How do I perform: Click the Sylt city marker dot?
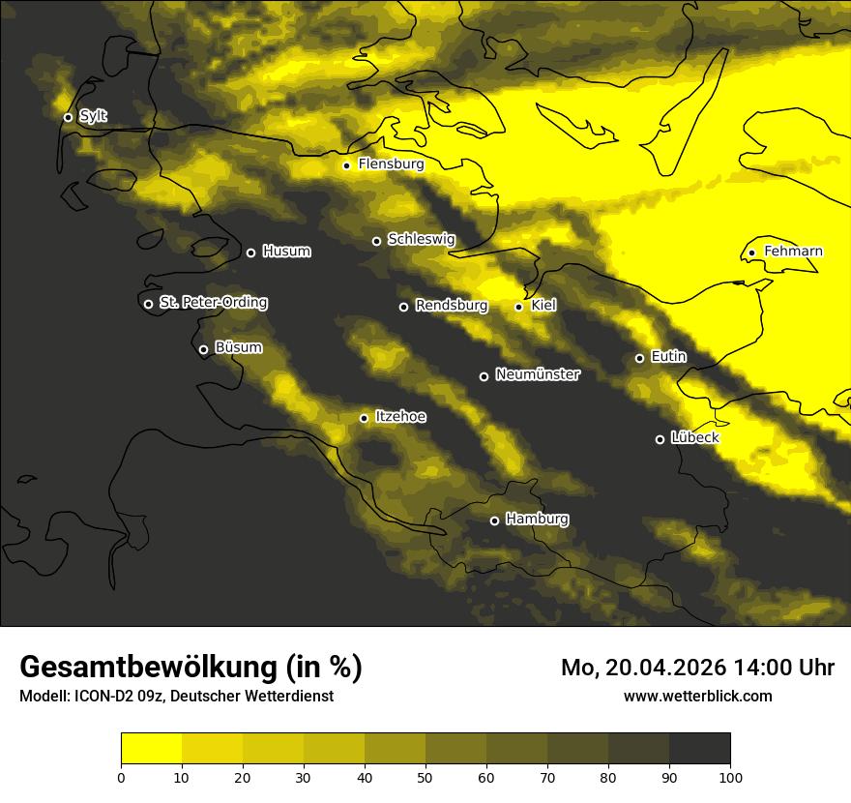[68, 117]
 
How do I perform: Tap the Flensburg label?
[391, 164]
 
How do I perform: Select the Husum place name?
[286, 252]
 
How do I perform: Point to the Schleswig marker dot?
[376, 241]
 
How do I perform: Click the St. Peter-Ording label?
[213, 303]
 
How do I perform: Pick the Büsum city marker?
[203, 350]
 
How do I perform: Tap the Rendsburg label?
[451, 306]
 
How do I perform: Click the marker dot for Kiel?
[518, 307]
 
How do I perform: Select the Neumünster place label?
[537, 374]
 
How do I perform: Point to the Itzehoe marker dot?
[364, 418]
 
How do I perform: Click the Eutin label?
[668, 357]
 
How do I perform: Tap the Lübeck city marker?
[660, 439]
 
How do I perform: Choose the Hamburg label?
[537, 520]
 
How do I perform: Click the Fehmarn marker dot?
[751, 253]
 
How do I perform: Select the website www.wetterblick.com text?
[698, 696]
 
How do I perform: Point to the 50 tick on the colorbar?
[425, 776]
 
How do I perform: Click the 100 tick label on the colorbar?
[730, 776]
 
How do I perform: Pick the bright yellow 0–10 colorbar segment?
[151, 748]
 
